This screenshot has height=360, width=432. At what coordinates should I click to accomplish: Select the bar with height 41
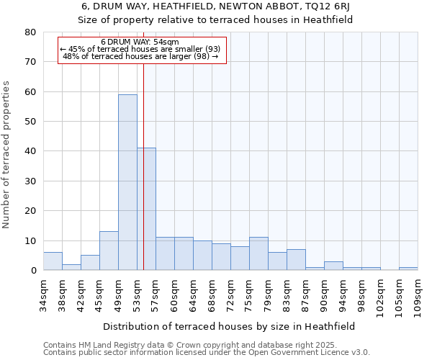146,209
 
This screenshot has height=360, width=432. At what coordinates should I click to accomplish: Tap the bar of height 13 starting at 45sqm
109,251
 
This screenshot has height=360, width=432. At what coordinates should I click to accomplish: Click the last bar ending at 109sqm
408,269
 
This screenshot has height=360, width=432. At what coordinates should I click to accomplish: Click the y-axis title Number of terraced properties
7,155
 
